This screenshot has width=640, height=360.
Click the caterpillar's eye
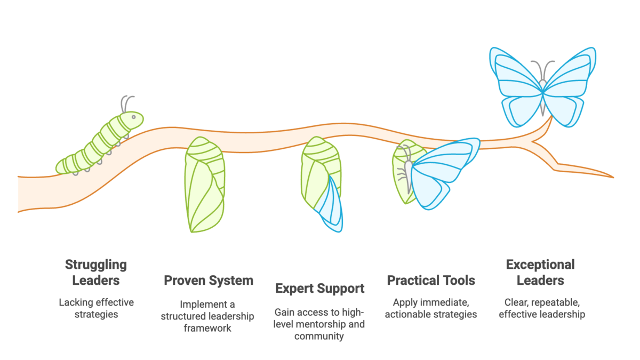pyautogui.click(x=133, y=117)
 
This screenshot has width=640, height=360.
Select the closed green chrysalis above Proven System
pyautogui.click(x=205, y=185)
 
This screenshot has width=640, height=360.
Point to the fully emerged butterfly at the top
pyautogui.click(x=542, y=87)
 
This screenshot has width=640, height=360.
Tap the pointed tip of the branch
pyautogui.click(x=613, y=178)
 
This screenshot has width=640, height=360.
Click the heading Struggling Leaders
pyautogui.click(x=96, y=273)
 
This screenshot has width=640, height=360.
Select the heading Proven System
pyautogui.click(x=209, y=281)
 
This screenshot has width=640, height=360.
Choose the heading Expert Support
pyautogui.click(x=319, y=289)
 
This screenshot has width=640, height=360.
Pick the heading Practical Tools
pyautogui.click(x=431, y=281)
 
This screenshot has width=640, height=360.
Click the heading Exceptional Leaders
pyautogui.click(x=540, y=273)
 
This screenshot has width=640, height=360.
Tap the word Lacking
pyautogui.click(x=76, y=302)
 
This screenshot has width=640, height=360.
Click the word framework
pyautogui.click(x=207, y=328)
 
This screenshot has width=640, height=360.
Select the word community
pyautogui.click(x=319, y=337)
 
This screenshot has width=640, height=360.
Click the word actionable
pyautogui.click(x=407, y=314)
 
